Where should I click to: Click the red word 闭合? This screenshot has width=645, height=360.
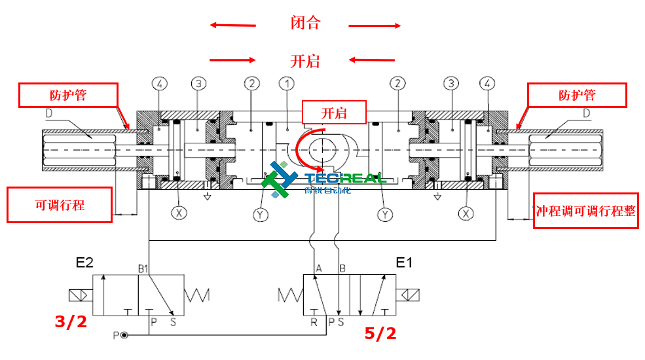coord(305,24)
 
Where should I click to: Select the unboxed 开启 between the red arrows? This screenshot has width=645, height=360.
coord(305,61)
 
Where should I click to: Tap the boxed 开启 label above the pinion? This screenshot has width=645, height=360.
coord(334,113)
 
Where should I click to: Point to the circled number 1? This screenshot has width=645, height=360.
coord(287,84)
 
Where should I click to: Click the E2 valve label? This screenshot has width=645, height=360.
coord(85,263)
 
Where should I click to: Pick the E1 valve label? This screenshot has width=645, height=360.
coord(405,263)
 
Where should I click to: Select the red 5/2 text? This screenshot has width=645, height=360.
coord(380,334)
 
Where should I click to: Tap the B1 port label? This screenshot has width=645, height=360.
coord(143,268)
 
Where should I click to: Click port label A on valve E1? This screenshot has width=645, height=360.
coord(319,268)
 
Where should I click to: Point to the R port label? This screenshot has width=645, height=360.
coord(314,321)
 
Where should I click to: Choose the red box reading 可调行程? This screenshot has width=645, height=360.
coord(60,205)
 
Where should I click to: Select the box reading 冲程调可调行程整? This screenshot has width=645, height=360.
coord(585,211)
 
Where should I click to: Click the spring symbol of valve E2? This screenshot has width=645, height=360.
coord(196,296)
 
